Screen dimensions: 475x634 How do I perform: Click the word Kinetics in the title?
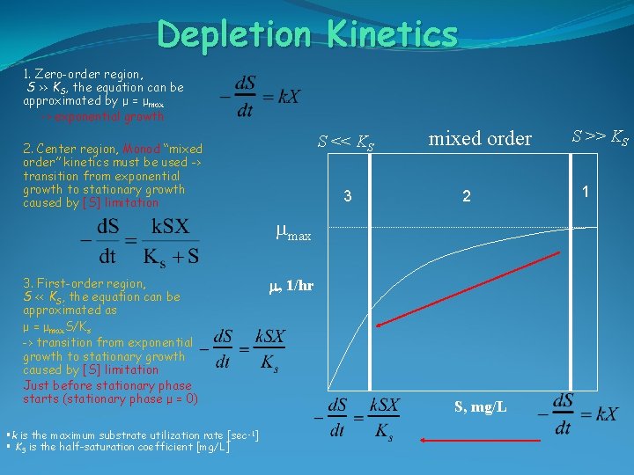tap(392, 35)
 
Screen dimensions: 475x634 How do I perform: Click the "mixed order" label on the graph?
tap(480, 139)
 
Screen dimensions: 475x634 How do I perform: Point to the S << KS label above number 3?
tap(346, 141)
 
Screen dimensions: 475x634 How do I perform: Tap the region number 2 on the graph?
tap(468, 197)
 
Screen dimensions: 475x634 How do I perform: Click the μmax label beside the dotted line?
tap(293, 233)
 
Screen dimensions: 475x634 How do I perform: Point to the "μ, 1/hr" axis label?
tap(291, 285)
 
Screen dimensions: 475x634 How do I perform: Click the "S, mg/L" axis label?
tap(480, 406)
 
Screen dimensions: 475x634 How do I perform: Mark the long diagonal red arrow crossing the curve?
tap(466, 289)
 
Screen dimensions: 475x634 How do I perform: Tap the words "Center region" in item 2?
tap(63, 149)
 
